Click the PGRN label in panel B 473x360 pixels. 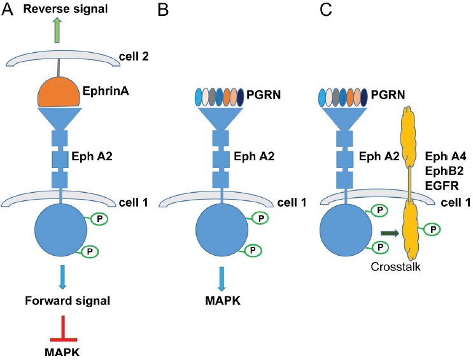pos(268,98)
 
